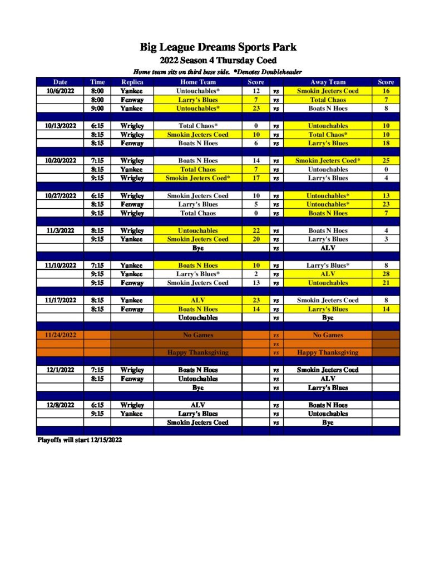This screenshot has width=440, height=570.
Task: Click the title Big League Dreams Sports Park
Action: coord(218,47)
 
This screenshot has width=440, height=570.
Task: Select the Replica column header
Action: coord(132,82)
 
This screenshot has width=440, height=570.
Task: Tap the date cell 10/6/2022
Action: coord(60,91)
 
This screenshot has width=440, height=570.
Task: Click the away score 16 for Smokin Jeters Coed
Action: coord(385,91)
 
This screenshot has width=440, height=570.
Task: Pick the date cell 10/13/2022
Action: coord(60,126)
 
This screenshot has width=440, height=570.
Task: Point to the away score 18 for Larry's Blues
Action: coord(385,143)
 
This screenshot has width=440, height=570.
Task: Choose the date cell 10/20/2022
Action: coord(60,160)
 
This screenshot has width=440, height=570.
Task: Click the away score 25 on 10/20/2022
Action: coord(385,160)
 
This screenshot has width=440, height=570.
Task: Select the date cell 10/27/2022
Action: coord(60,195)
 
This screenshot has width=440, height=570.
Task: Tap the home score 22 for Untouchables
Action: coord(256,230)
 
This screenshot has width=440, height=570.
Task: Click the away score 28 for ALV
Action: coord(385,274)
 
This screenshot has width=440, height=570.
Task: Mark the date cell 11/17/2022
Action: coord(60,300)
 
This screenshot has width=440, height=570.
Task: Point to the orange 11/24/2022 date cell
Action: coord(60,335)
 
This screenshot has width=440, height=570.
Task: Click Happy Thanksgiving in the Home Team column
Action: coord(197,352)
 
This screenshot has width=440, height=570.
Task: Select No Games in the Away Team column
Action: coord(328,335)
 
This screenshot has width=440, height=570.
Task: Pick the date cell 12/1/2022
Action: coord(60,370)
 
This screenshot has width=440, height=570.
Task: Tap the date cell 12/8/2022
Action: coord(60,405)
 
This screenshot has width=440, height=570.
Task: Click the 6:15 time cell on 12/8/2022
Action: coord(97,405)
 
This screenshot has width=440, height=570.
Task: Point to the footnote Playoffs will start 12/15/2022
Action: coord(80,440)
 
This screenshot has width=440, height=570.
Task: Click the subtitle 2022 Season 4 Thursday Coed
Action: coord(218,61)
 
